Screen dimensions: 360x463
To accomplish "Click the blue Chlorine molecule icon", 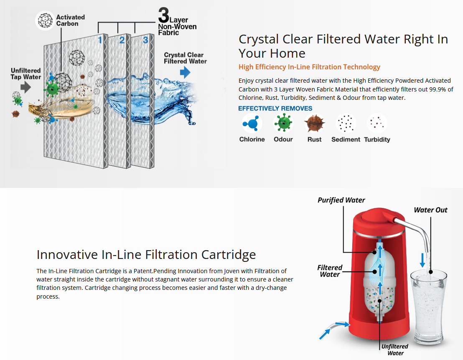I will coord(252,124).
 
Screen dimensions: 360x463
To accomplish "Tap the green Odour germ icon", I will coord(283,124).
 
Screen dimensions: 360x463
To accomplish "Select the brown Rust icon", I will coord(314,124).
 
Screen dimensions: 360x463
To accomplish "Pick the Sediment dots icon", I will coord(346,124).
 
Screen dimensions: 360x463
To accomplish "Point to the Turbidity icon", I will coord(377,124).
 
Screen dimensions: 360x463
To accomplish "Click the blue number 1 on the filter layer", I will coord(100,40).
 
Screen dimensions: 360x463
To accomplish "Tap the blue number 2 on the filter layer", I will coord(122,40).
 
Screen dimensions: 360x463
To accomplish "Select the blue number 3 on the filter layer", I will coord(145,40).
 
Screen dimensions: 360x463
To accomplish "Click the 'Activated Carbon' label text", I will coord(70,20).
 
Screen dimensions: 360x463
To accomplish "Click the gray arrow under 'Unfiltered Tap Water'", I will coord(25,87).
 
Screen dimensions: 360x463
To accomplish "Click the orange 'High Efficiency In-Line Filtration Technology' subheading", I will coord(309,67).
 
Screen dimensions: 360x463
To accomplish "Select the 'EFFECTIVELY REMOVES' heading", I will coord(275,109).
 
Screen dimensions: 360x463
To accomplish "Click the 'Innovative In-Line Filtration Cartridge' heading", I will coord(146,254).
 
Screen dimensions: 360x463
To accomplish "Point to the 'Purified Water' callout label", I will coord(341,200).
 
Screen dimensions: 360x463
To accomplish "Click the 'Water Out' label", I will coord(430,210).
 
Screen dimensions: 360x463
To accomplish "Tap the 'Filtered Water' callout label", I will coord(330,271).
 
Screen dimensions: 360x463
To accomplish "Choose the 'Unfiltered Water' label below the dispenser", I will coord(395,350).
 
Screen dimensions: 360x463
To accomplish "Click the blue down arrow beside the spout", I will coord(423,260).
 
